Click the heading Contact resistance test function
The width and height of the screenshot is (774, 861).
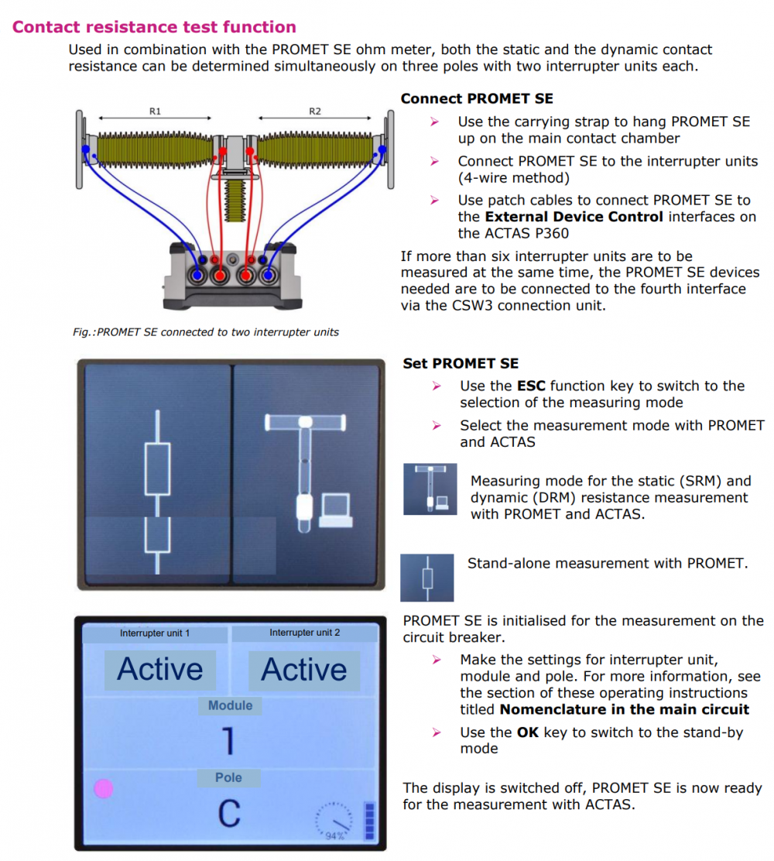(x=154, y=27)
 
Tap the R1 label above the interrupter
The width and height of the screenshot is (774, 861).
(x=155, y=111)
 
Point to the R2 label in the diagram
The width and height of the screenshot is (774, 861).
(x=314, y=111)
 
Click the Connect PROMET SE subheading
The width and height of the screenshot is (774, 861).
(x=477, y=99)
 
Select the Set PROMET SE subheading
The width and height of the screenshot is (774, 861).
(x=461, y=363)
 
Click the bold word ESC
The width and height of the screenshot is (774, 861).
(x=531, y=386)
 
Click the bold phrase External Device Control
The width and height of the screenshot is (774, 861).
(x=574, y=217)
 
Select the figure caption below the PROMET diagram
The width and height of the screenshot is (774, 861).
(x=206, y=332)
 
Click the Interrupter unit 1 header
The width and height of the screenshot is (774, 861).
(x=155, y=633)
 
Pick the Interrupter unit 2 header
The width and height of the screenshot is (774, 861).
(x=304, y=633)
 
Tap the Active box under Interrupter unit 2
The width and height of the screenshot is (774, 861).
(x=304, y=670)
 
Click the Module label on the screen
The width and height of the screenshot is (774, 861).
(x=230, y=705)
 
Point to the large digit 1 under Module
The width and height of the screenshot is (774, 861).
(x=228, y=742)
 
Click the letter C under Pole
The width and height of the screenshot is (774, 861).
(x=229, y=814)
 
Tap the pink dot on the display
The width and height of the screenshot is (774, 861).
(x=104, y=788)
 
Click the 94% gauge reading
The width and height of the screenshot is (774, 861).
(x=334, y=836)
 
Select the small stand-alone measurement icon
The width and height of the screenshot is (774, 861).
(x=426, y=578)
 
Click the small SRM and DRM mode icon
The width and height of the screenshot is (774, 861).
(x=430, y=489)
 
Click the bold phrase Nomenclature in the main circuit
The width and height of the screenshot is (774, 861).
(x=625, y=709)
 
